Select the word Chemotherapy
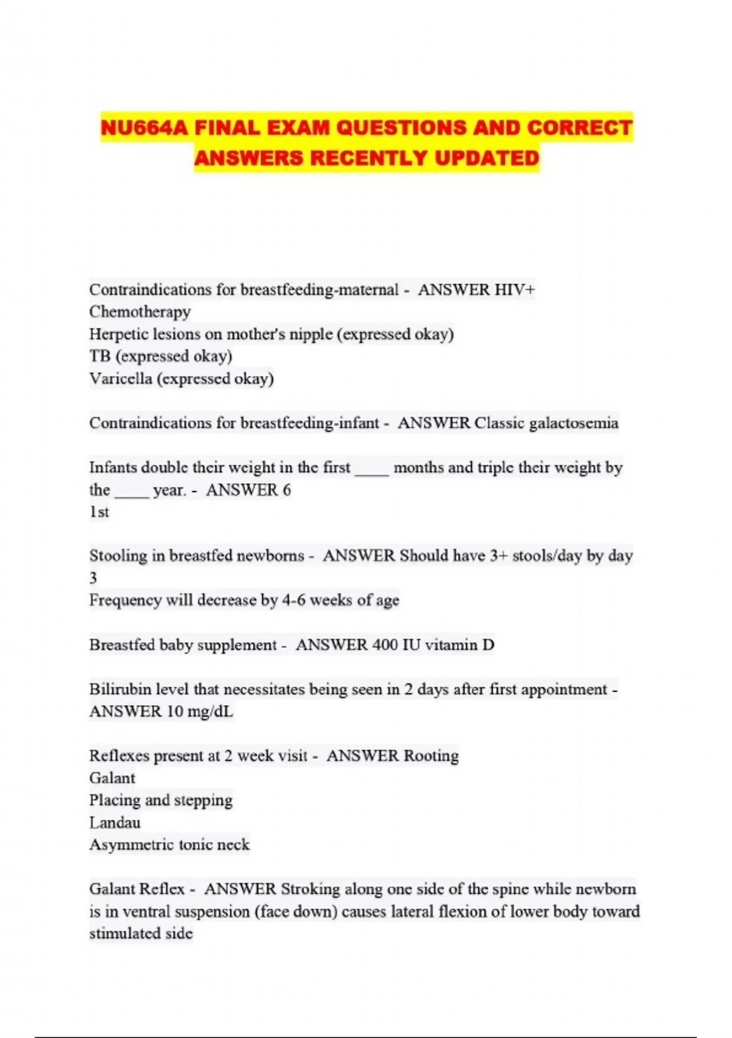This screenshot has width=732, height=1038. tap(140, 312)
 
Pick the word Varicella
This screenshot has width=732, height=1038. tap(120, 379)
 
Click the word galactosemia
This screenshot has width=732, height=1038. tap(573, 423)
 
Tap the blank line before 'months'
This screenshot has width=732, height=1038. tap(371, 468)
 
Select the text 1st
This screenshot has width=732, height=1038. tap(99, 512)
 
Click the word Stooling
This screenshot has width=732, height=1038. tap(120, 556)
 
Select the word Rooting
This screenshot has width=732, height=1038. tap(431, 756)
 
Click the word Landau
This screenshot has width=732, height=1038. tap(115, 823)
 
